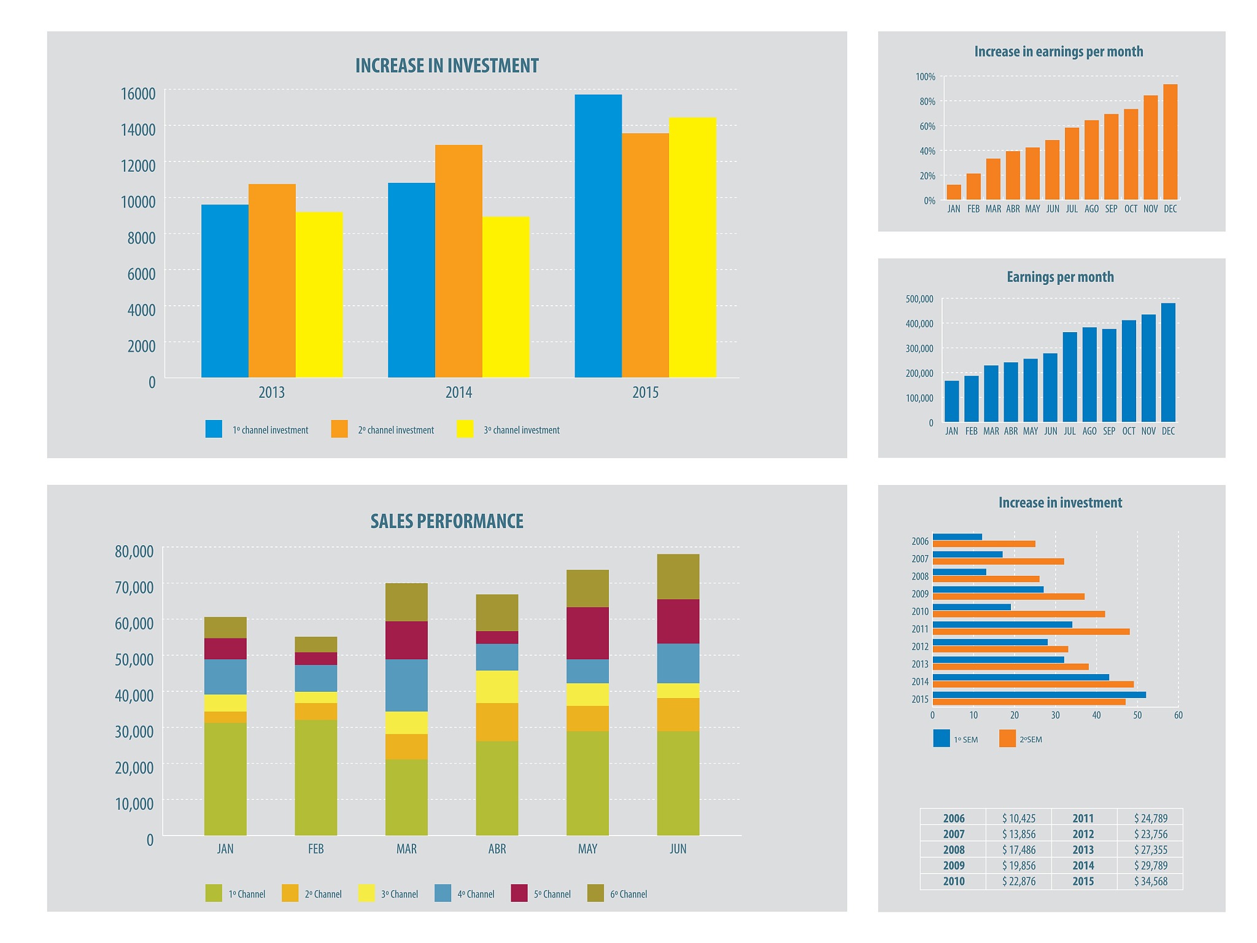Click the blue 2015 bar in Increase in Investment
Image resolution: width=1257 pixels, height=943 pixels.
(x=598, y=236)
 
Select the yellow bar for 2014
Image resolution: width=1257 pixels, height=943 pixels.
(x=506, y=297)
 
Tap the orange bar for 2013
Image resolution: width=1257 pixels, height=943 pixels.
(x=272, y=281)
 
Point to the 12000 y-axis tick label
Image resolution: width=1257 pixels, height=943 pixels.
(x=138, y=166)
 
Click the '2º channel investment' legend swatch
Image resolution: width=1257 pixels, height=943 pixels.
(x=339, y=429)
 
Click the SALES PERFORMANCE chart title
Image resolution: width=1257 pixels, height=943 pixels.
(x=447, y=521)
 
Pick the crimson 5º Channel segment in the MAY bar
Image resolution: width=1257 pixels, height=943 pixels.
(x=587, y=633)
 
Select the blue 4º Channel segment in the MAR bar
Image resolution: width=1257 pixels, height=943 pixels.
(x=406, y=685)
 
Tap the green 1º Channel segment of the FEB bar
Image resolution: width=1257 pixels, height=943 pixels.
(x=315, y=777)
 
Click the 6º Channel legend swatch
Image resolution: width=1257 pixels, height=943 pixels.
(x=595, y=893)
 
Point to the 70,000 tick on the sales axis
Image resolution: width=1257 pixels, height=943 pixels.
(x=134, y=588)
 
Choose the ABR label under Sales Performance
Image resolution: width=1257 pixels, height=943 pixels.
(x=497, y=849)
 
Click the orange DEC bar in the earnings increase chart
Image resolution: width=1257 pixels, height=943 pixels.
(x=1170, y=142)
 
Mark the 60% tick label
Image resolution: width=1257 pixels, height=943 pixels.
(x=927, y=126)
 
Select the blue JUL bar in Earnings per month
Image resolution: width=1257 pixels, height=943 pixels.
(x=1070, y=377)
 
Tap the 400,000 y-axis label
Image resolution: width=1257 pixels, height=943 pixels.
(x=919, y=324)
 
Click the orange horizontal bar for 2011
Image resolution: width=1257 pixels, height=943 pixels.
(x=1031, y=632)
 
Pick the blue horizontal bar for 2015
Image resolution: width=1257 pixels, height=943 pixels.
(x=1038, y=695)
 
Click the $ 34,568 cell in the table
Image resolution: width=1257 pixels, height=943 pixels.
(x=1150, y=882)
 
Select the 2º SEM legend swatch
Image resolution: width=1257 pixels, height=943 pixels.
(x=1007, y=739)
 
